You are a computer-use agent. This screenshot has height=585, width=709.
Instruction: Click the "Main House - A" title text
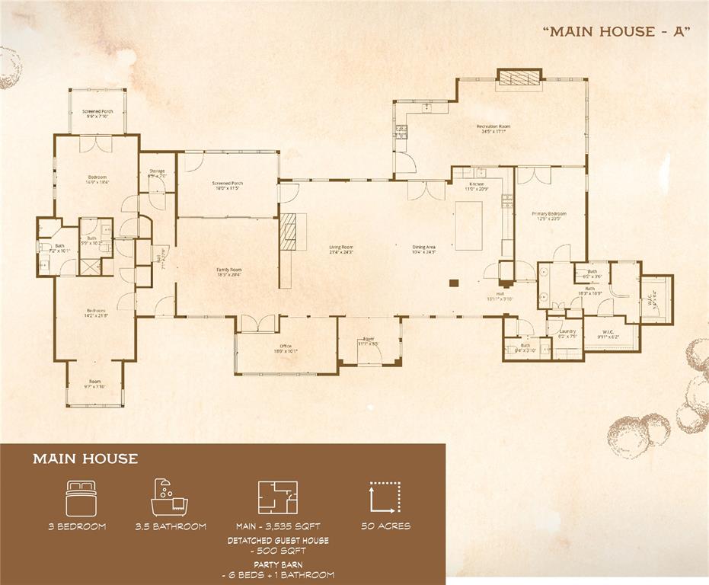click(x=616, y=31)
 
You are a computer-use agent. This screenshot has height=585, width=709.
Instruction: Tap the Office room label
click(x=286, y=349)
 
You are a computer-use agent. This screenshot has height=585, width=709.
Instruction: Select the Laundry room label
click(x=567, y=333)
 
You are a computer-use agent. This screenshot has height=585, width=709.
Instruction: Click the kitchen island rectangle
click(x=469, y=225)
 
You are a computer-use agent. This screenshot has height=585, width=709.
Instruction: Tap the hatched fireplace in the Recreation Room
click(x=519, y=75)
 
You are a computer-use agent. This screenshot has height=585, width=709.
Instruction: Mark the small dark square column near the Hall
click(x=453, y=283)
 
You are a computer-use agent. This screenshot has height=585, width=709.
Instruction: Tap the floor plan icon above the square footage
click(x=278, y=497)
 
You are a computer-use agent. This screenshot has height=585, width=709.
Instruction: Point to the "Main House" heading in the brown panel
click(x=85, y=459)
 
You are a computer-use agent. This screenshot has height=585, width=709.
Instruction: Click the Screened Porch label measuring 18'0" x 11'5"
click(x=227, y=185)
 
